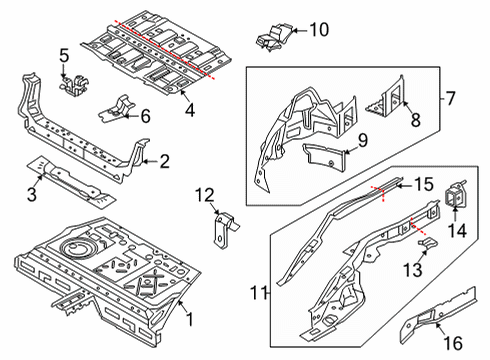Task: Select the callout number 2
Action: click(x=165, y=159)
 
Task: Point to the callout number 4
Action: click(x=190, y=106)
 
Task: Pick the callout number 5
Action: click(x=63, y=55)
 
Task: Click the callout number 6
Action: click(x=145, y=116)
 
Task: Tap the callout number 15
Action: click(x=423, y=184)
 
